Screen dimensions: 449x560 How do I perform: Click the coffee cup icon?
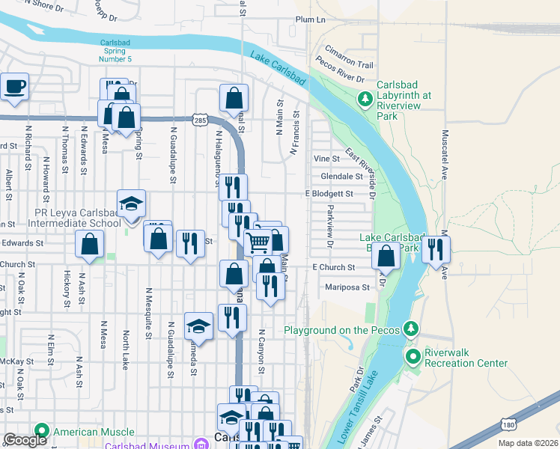click(14, 87)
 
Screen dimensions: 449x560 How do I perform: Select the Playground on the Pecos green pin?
click(410, 329)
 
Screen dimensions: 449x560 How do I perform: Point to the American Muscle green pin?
click(41, 432)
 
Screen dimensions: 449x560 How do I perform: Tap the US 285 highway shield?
click(199, 120)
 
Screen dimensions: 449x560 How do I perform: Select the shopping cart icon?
click(258, 242)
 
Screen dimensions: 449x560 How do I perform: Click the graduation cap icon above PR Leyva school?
click(131, 204)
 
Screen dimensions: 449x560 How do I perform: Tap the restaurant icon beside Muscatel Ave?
click(436, 249)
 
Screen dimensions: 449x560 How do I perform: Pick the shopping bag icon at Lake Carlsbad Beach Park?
click(386, 256)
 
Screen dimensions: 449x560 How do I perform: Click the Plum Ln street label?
click(311, 19)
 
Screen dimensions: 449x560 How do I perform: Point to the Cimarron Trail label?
click(348, 65)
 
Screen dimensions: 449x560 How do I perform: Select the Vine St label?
click(326, 159)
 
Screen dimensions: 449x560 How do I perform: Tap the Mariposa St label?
click(347, 287)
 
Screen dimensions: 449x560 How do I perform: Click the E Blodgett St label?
click(329, 194)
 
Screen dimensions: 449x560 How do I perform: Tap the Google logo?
click(25, 440)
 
